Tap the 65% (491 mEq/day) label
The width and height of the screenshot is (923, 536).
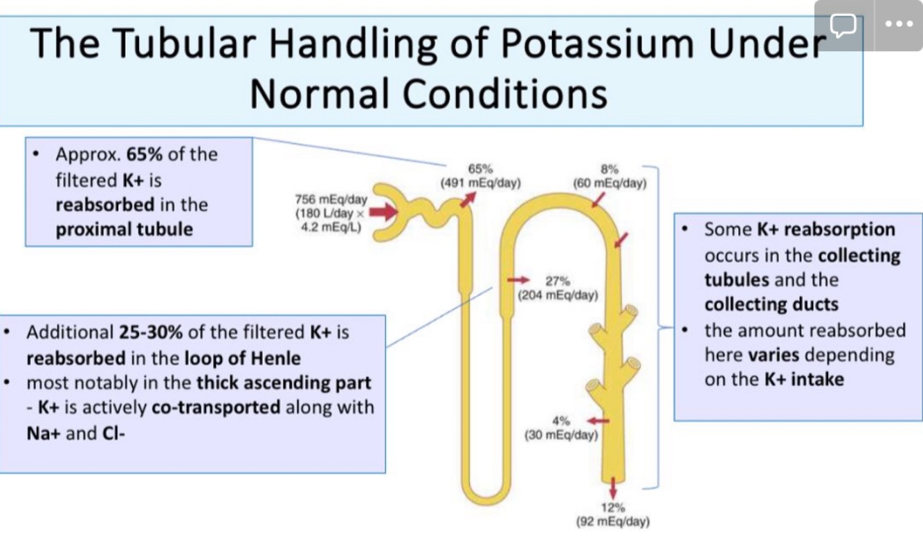coord(481,176)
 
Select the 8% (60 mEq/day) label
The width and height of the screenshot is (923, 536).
coord(610,176)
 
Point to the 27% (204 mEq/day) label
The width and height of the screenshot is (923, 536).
coord(558,288)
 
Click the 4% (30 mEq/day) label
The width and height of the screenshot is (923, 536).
coord(560,429)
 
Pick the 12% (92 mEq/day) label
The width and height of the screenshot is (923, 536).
coord(613,515)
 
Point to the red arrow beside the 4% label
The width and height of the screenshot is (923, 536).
coord(598,420)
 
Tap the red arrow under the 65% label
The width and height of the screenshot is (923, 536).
coord(468,198)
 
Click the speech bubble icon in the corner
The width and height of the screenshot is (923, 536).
coord(843,25)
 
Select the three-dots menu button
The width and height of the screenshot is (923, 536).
coord(898,25)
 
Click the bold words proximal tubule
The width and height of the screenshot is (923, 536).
coord(124,229)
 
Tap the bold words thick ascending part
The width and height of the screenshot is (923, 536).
coord(284,382)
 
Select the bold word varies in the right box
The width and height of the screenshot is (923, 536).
coord(773,355)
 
